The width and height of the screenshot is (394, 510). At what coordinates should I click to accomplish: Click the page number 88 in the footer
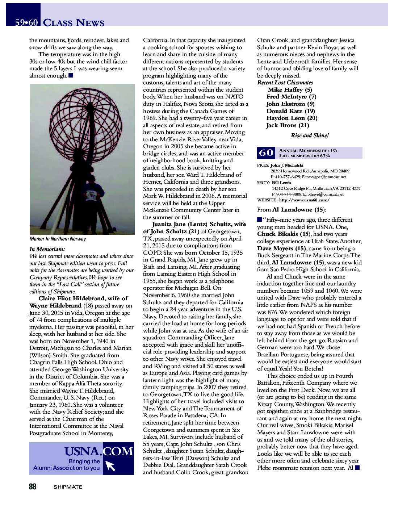[x=33, y=486]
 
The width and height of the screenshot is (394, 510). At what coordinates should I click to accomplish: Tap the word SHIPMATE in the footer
[x=68, y=487]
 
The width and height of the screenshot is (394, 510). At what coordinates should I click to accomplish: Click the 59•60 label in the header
[x=26, y=22]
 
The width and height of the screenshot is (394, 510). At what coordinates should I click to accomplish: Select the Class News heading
[x=74, y=22]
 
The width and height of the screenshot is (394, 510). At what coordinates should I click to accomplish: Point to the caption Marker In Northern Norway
[x=58, y=239]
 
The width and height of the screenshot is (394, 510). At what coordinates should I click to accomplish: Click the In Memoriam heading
[x=47, y=249]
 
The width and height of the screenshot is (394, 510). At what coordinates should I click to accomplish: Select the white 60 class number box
[x=266, y=153]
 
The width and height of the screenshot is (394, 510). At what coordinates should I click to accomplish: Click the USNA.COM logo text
[x=98, y=451]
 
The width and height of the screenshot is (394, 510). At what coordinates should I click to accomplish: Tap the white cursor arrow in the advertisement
[x=110, y=466]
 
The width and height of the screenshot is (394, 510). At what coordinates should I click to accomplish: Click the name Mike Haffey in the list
[x=285, y=89]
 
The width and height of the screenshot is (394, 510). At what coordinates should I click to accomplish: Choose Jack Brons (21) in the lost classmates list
[x=288, y=125]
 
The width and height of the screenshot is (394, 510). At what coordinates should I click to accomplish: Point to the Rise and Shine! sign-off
[x=310, y=135]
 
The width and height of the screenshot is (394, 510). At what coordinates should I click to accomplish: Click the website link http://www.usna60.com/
[x=304, y=200]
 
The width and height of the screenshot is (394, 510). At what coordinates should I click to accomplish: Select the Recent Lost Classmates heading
[x=285, y=82]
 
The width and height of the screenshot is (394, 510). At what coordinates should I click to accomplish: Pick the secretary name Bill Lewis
[x=281, y=183]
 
